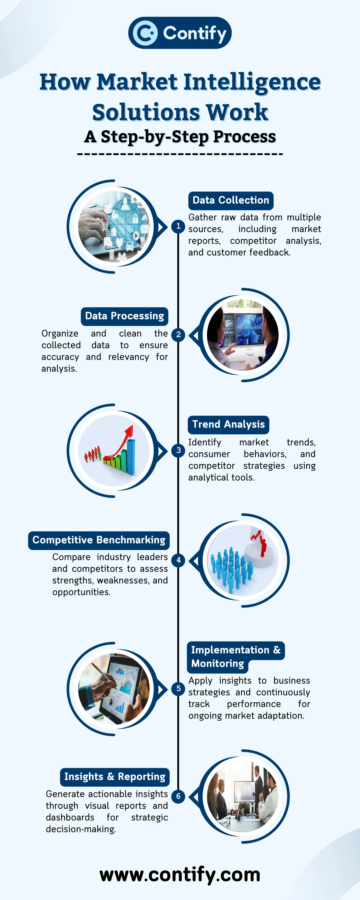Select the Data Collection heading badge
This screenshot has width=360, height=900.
pyautogui.click(x=231, y=200)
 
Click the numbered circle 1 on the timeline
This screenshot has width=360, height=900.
pyautogui.click(x=178, y=226)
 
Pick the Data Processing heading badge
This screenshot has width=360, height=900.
pyautogui.click(x=124, y=316)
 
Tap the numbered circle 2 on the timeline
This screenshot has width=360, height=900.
pyautogui.click(x=178, y=334)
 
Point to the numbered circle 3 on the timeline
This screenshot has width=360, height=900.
pyautogui.click(x=178, y=450)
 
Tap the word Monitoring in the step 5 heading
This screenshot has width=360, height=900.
pyautogui.click(x=217, y=663)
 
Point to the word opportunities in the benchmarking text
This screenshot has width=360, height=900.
pyautogui.click(x=81, y=592)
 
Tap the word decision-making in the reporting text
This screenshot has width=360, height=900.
pyautogui.click(x=81, y=829)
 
